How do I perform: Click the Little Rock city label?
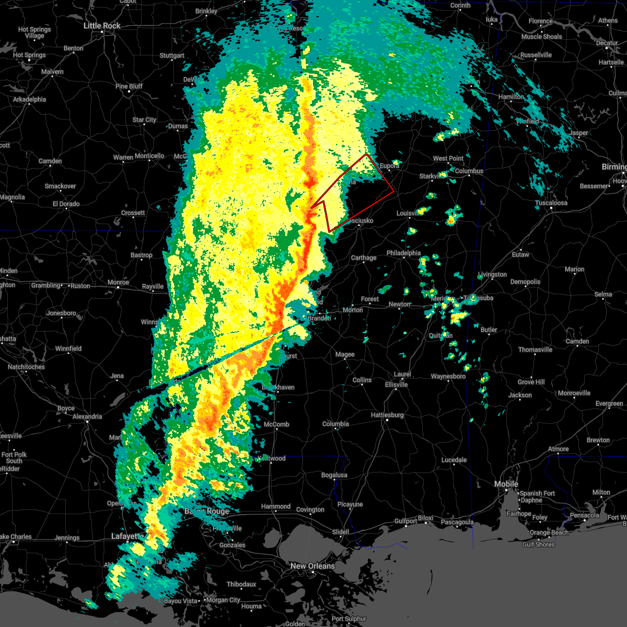coord(102,26)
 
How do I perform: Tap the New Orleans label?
coord(312,566)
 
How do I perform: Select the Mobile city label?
coord(506,484)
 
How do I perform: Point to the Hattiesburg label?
coord(387,415)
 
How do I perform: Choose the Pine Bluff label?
coord(129,86)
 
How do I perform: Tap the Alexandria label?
coord(87,416)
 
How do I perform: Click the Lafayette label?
coord(127,536)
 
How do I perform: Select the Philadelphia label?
coord(403,253)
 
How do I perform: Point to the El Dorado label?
coord(66,204)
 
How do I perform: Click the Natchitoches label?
coord(26,367)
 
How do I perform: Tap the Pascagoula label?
coord(457,522)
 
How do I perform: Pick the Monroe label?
coord(118,283)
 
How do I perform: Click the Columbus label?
coord(469,171)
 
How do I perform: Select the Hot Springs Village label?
coord(34,32)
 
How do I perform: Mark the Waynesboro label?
coord(448,376)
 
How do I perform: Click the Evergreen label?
coord(609,403)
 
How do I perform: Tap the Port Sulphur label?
coord(349,619)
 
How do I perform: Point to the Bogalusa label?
coord(334,475)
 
